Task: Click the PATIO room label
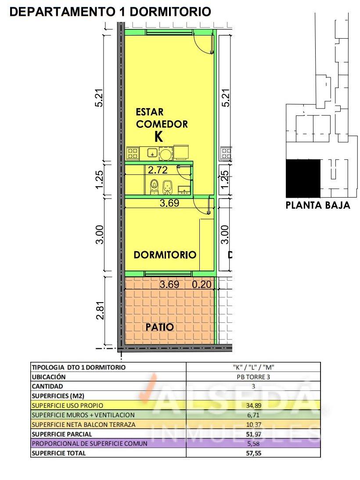(159, 327)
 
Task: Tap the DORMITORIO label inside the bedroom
(165, 255)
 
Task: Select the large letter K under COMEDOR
(158, 137)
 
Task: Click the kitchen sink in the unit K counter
(152, 153)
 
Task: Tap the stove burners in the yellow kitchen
(133, 153)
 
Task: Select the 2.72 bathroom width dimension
(158, 170)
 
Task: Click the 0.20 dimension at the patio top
(202, 285)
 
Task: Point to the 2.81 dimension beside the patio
(101, 311)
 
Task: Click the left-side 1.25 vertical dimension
(101, 180)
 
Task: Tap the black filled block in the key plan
(303, 178)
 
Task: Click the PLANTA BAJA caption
(318, 205)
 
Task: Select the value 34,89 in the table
(253, 406)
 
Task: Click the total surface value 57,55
(253, 453)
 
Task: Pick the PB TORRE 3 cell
(253, 377)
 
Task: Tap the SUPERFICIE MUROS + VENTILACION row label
(83, 415)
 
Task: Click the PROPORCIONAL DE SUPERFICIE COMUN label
(90, 444)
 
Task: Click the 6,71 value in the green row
(253, 415)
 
